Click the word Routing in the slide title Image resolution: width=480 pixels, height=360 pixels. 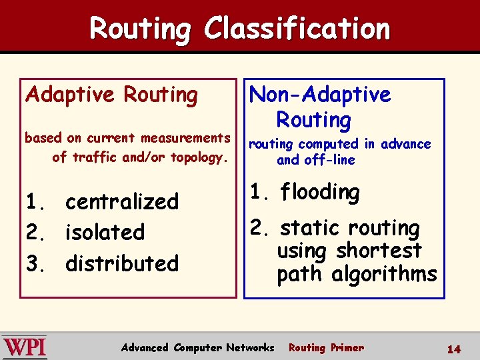[140, 29]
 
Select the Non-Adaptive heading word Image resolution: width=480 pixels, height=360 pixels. [320, 95]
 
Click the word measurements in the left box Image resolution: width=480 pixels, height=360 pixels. [185, 138]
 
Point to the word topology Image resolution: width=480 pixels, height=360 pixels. [199, 157]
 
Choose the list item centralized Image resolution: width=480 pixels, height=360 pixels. [122, 201]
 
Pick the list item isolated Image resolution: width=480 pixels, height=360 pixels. [105, 233]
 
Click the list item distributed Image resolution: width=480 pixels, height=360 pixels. [122, 263]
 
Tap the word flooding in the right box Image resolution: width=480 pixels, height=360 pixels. [319, 193]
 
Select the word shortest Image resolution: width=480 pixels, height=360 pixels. [379, 251]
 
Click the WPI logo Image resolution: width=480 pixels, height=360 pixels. [25, 347]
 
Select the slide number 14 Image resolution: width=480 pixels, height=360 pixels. [453, 349]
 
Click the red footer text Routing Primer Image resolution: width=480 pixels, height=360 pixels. [326, 347]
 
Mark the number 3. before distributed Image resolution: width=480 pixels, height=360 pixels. [34, 263]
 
